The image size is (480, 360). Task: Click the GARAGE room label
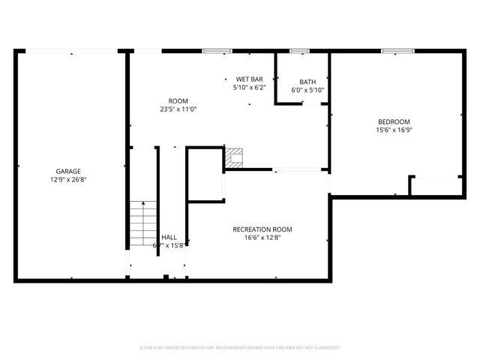[67, 171]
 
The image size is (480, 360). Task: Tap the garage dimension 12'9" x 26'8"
[67, 180]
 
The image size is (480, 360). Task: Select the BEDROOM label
[394, 121]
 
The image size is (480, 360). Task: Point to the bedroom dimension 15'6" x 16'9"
[394, 130]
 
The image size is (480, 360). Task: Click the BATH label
[307, 82]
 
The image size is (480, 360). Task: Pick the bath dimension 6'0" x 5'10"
[307, 90]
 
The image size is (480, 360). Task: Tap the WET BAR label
[249, 79]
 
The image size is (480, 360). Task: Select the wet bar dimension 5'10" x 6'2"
[249, 88]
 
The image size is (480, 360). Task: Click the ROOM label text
[178, 100]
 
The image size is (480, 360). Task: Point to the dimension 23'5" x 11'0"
[178, 109]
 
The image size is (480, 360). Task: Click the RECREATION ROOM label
[262, 229]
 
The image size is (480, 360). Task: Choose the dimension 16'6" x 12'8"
[262, 238]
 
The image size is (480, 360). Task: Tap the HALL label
[169, 237]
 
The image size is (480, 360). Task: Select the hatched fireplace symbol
[235, 157]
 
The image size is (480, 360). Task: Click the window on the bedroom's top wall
[393, 51]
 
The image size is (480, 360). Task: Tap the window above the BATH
[300, 51]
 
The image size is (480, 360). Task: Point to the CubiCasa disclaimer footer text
[240, 348]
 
